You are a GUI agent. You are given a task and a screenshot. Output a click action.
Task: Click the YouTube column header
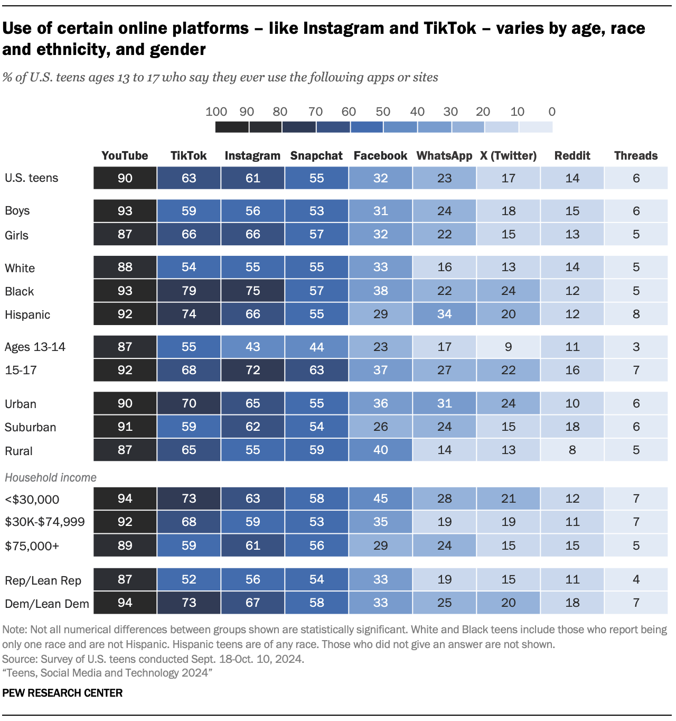click(x=125, y=155)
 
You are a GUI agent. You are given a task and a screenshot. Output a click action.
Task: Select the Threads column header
click(x=636, y=155)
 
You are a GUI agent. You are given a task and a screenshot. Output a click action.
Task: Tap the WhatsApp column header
click(x=444, y=155)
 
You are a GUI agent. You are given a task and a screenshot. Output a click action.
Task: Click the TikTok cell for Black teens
click(x=189, y=291)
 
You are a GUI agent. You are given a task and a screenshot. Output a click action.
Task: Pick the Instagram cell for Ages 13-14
click(x=253, y=347)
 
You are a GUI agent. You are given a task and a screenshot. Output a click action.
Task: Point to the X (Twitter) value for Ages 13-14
click(x=508, y=347)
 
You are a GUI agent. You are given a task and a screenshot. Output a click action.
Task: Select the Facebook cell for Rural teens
click(x=380, y=450)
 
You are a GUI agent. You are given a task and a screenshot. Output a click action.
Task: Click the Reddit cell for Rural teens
click(x=572, y=450)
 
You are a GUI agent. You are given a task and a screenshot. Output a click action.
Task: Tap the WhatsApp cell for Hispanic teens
click(x=444, y=314)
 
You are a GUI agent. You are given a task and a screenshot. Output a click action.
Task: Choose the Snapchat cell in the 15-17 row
click(x=316, y=370)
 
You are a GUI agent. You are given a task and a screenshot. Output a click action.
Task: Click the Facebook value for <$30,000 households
click(x=380, y=498)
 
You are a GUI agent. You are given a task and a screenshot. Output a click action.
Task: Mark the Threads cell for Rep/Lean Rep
click(x=636, y=579)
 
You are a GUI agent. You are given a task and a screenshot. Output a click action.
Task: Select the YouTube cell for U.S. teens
click(x=125, y=178)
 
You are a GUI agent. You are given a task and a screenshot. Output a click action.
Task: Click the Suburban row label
click(x=30, y=427)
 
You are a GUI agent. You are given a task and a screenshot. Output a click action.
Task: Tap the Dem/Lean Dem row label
click(x=47, y=604)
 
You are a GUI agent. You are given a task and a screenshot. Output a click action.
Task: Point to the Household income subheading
click(x=51, y=477)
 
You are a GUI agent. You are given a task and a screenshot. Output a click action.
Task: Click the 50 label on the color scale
click(x=383, y=112)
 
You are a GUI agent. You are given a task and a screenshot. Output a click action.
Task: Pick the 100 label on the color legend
click(x=216, y=112)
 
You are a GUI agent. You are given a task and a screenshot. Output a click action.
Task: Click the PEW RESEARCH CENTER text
click(x=62, y=693)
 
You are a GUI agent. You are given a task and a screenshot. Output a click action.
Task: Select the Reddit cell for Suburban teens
click(x=572, y=427)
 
